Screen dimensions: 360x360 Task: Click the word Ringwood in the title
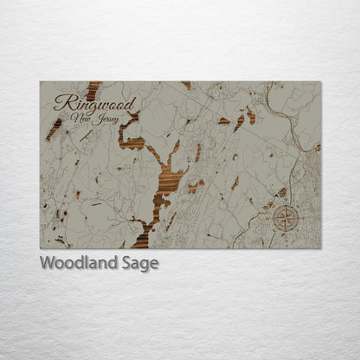[83, 103]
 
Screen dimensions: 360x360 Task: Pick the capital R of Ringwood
[61, 102]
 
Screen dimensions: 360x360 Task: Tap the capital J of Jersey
[98, 118]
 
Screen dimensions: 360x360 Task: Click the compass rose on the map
[285, 215]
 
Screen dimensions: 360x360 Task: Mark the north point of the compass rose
[285, 204]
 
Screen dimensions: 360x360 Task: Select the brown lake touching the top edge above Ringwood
[93, 87]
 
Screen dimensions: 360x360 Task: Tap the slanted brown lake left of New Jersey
[55, 129]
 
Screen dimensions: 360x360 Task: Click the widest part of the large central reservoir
[168, 181]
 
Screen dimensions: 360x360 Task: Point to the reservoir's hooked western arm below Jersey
[130, 139]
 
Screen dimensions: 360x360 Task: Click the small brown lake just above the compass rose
[282, 192]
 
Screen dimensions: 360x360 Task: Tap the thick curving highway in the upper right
[286, 108]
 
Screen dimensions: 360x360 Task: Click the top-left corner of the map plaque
[41, 82]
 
